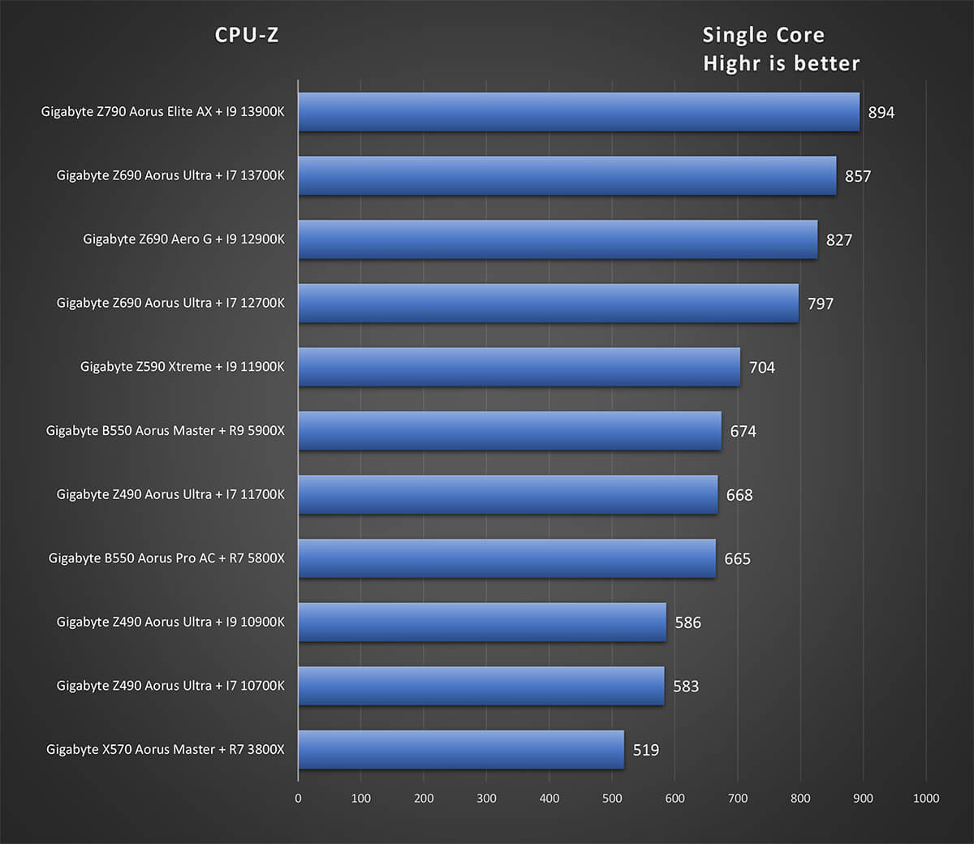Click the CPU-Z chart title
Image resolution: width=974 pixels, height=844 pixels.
[247, 35]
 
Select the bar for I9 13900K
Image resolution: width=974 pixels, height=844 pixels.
[579, 112]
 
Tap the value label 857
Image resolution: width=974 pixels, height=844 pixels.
[858, 176]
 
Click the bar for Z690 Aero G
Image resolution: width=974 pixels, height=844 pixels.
[558, 239]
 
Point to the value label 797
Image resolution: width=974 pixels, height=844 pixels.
[821, 304]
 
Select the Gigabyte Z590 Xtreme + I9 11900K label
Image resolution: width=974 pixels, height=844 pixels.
[182, 367]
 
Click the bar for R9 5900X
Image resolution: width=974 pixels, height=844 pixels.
[510, 431]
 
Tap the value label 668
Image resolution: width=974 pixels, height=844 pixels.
[739, 495]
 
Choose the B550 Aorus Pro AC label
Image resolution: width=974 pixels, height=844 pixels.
[166, 558]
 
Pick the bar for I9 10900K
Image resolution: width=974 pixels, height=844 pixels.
[482, 622]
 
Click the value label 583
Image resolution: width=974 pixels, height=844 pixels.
[686, 687]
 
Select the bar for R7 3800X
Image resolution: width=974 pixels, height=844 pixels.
[461, 750]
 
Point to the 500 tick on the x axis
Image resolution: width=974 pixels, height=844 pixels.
[612, 799]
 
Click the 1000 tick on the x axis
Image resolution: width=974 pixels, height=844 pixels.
[926, 799]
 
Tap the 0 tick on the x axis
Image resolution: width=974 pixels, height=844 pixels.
[298, 799]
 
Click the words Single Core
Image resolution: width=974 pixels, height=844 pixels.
[763, 35]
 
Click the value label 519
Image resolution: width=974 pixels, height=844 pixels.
[646, 751]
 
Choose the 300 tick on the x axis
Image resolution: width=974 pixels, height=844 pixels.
[486, 799]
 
